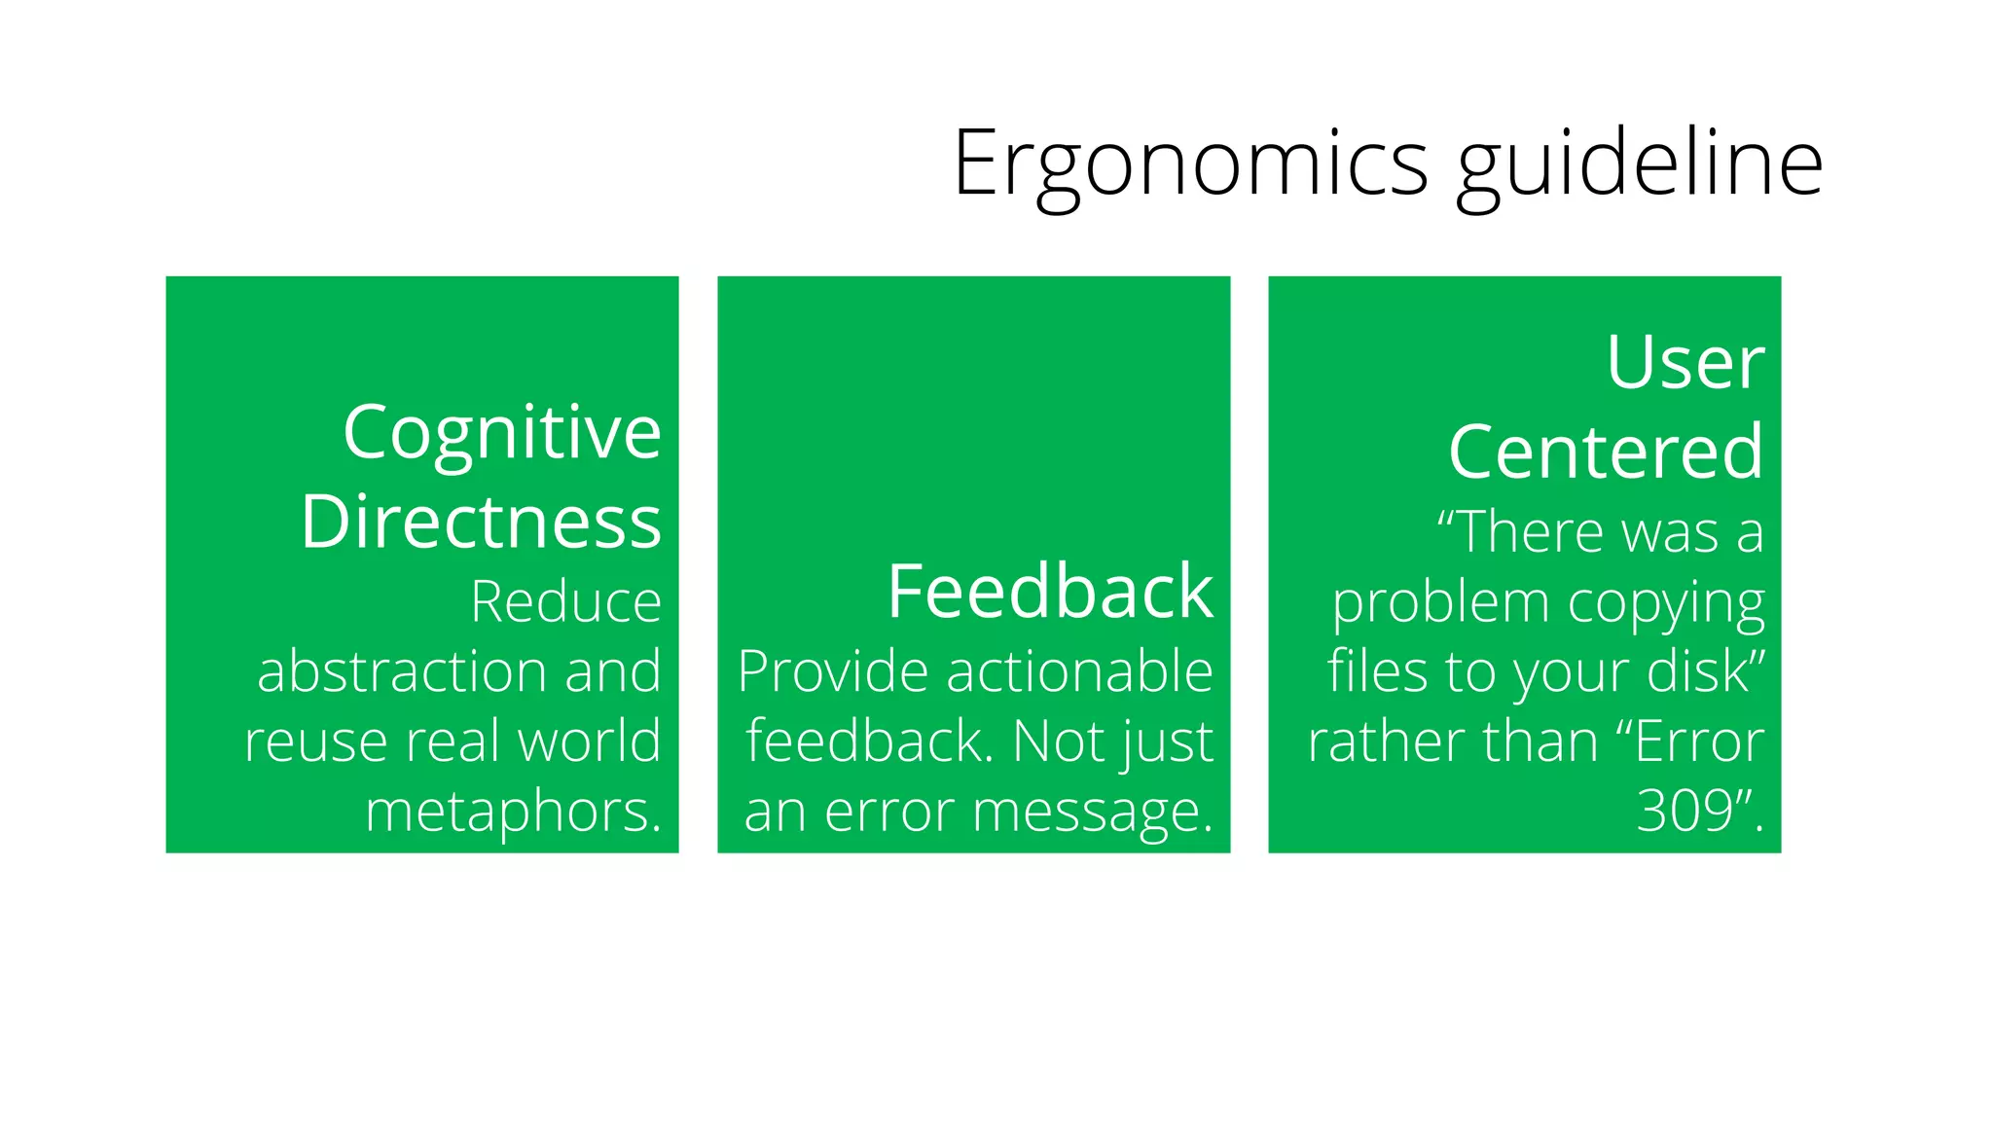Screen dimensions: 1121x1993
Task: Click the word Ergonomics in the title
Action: click(x=1190, y=163)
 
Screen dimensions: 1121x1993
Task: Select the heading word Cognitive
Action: click(x=502, y=432)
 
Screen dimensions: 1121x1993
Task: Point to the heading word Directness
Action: click(x=481, y=522)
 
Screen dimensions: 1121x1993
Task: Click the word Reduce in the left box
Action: click(x=565, y=601)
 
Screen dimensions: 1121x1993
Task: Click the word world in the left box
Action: click(x=589, y=741)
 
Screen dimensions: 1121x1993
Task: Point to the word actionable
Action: click(x=1080, y=671)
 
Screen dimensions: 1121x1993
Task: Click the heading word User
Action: click(x=1685, y=362)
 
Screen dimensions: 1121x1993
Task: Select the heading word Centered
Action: click(x=1606, y=452)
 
